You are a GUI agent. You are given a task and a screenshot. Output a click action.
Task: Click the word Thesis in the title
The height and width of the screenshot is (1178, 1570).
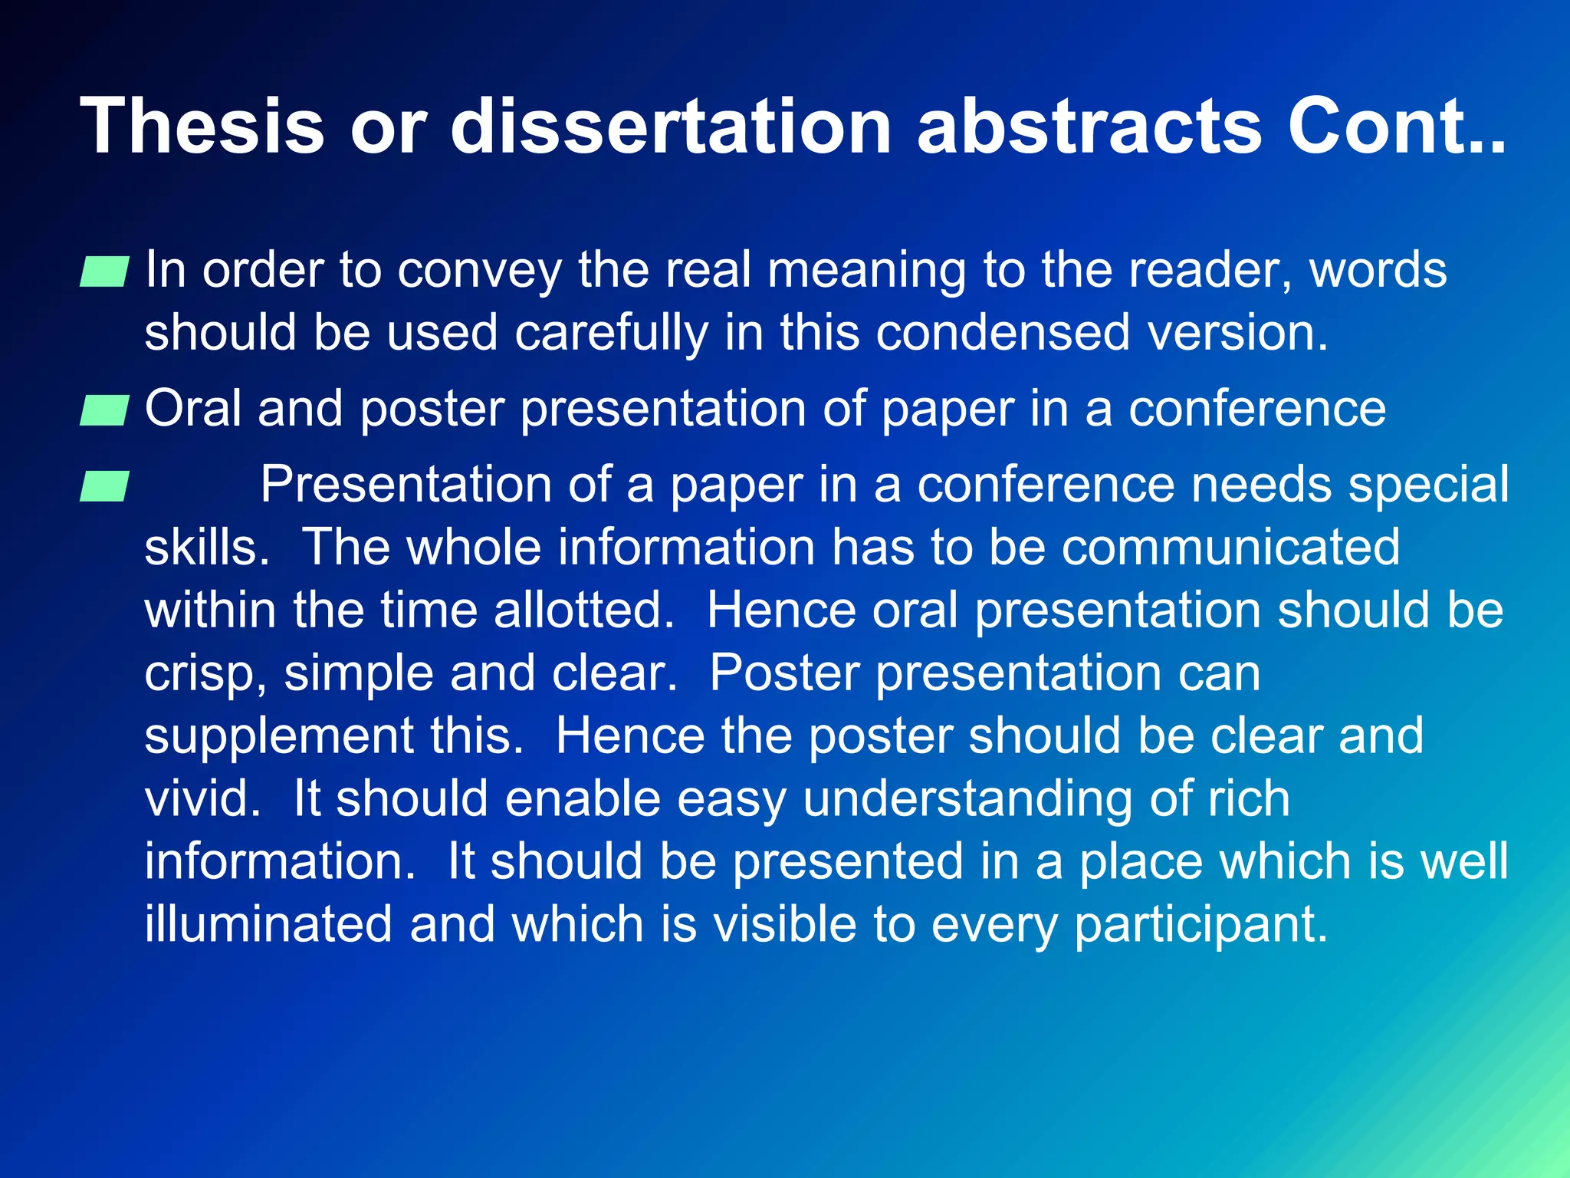pos(202,125)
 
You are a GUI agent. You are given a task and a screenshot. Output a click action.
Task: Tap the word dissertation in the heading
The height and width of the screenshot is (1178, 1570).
pos(671,125)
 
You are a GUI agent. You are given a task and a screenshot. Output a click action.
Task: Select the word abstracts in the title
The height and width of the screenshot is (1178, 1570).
pos(1089,125)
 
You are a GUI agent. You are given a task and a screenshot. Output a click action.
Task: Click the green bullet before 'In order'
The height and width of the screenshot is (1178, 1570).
pos(103,272)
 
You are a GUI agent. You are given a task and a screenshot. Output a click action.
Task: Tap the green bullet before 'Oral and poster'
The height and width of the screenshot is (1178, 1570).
pos(103,410)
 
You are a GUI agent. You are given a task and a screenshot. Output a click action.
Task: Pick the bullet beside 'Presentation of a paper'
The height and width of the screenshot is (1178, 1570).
pos(103,487)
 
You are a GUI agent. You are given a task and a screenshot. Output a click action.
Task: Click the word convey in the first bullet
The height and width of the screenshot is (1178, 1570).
pos(480,271)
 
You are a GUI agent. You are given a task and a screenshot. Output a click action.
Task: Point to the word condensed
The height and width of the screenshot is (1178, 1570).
pos(1003,333)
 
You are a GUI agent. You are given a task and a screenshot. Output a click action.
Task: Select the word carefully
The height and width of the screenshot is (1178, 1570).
pos(611,333)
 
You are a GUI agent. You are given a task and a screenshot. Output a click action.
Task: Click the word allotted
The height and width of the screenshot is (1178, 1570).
pos(583,610)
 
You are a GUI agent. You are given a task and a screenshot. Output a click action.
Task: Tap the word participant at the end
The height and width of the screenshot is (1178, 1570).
pos(1200,924)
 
